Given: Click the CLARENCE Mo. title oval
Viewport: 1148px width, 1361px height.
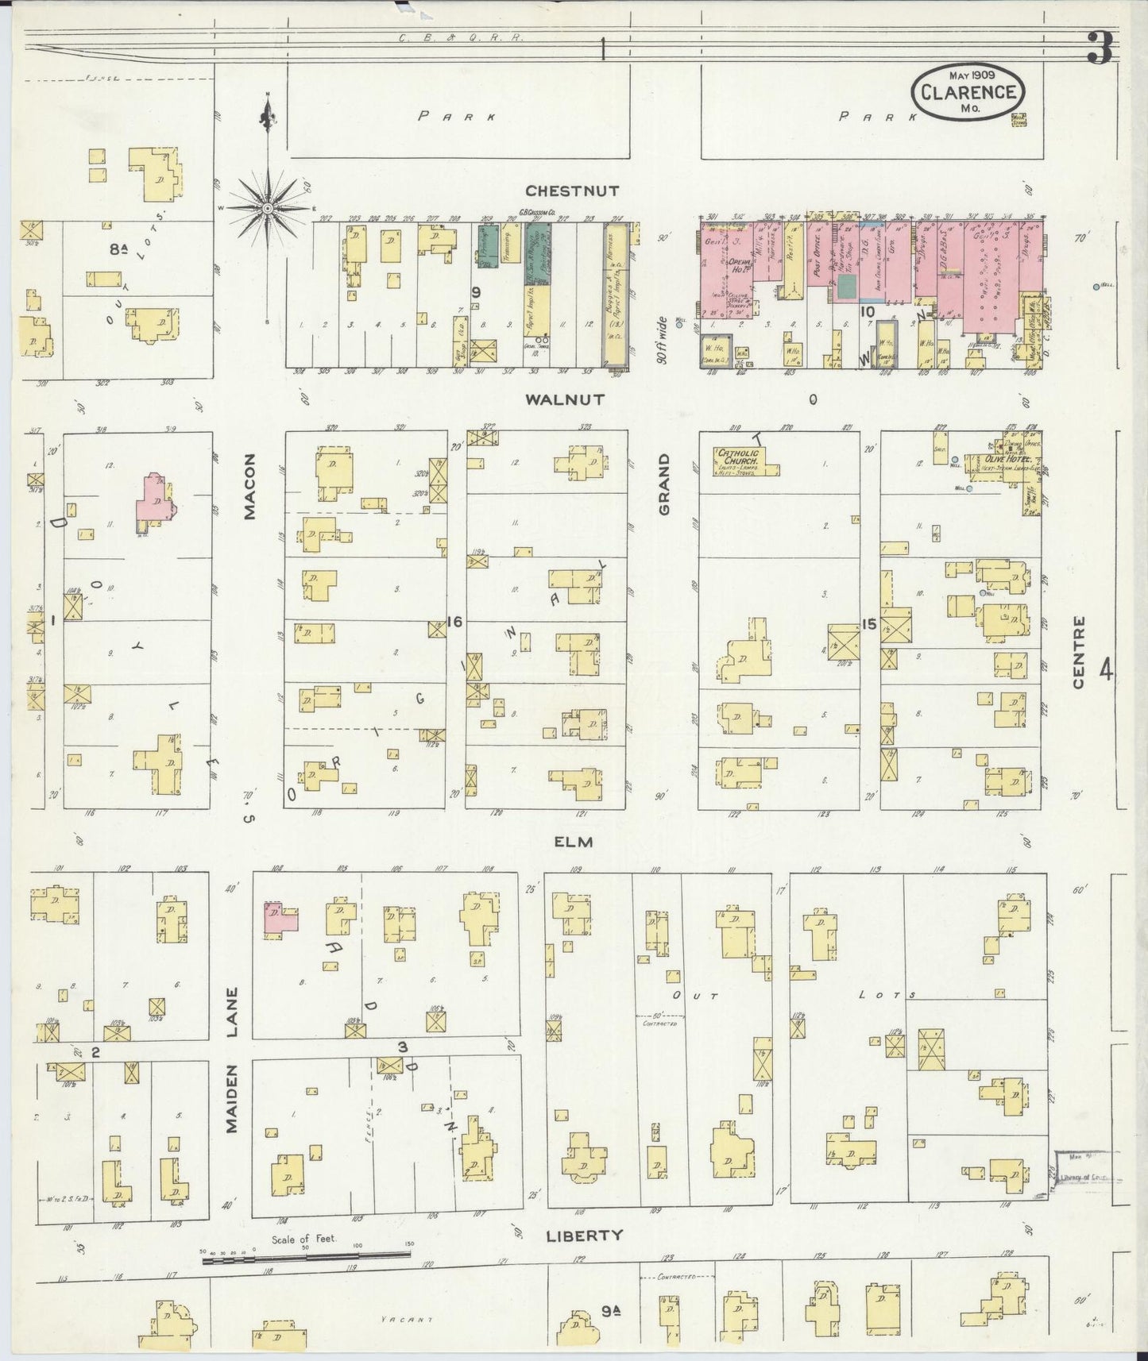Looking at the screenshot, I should [x=968, y=91].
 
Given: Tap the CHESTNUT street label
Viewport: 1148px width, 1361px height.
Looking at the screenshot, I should [x=571, y=191].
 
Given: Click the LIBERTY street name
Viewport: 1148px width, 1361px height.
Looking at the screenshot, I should [x=585, y=1236].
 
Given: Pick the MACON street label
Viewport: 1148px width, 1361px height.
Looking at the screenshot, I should [x=249, y=497].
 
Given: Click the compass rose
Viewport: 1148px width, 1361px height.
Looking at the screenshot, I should [x=268, y=208].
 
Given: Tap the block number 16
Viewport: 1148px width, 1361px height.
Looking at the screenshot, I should [x=454, y=623].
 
